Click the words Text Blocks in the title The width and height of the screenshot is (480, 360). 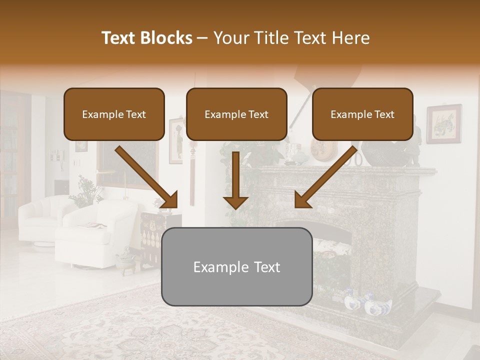pos(146,38)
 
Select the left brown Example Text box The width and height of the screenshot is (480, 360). pos(114,114)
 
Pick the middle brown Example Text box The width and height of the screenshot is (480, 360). pos(236,114)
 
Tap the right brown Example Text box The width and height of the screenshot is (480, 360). pos(362,114)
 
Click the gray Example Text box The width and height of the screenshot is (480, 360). pos(236,266)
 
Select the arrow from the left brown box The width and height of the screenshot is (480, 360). pos(146,177)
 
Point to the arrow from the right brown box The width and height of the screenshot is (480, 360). pos(325,177)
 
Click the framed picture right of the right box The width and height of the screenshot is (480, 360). pos(443,124)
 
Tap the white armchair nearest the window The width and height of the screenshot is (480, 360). pos(40,217)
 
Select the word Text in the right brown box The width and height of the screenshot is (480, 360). pos(383,114)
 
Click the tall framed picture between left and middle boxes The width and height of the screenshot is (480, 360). pos(175,141)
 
